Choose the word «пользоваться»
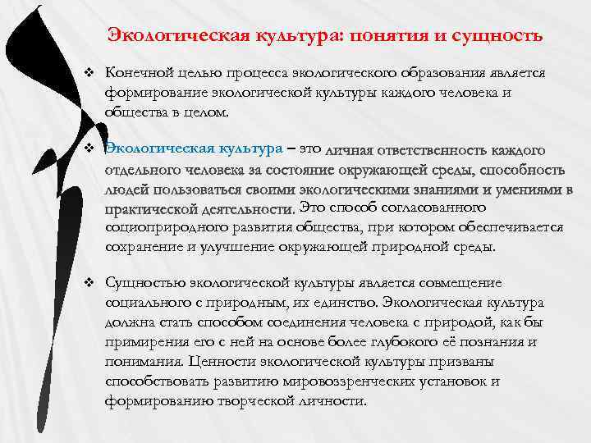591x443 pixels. (x=186, y=190)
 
